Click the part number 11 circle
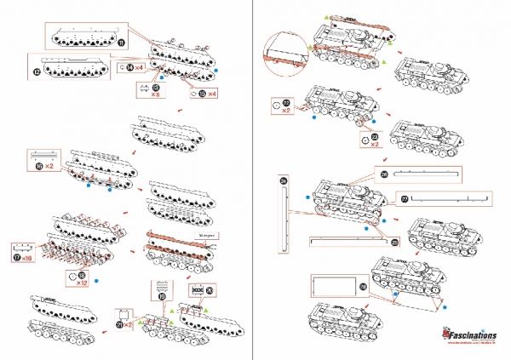tap(121, 41)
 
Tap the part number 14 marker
tap(129, 67)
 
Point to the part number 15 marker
tap(201, 92)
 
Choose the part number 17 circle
tap(17, 256)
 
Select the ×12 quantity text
tap(83, 283)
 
